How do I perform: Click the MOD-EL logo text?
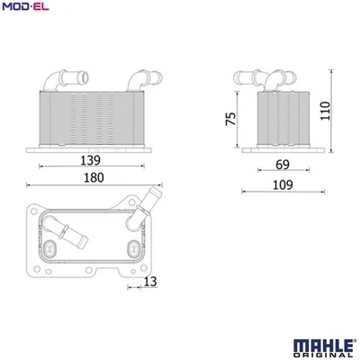click(22, 8)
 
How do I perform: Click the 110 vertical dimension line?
click(333, 112)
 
